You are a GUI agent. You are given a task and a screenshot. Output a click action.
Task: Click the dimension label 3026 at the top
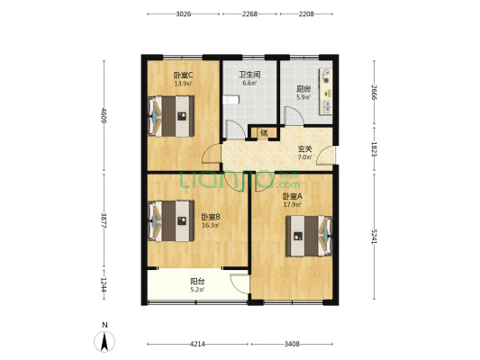[x=184, y=14]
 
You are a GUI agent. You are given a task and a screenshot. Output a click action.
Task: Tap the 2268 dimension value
[x=249, y=14]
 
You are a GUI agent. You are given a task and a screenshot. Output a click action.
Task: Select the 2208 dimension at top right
[x=306, y=14]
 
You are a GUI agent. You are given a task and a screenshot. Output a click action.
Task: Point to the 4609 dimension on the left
[x=104, y=115]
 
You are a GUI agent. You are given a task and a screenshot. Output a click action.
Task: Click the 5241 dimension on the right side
[x=374, y=237]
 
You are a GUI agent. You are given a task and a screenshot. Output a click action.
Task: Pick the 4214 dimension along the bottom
[x=197, y=344]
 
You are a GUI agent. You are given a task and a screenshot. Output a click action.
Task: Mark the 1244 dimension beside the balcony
[x=104, y=285]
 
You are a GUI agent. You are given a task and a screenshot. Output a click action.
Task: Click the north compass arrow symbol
[x=104, y=342]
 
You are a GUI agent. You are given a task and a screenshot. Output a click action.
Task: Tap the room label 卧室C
[x=183, y=75]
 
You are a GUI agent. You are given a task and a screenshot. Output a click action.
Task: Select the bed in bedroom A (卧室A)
[x=309, y=236]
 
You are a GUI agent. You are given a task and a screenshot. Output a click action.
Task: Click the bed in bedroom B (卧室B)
[x=171, y=220]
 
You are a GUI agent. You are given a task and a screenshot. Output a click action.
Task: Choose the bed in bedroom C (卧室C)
[x=171, y=116]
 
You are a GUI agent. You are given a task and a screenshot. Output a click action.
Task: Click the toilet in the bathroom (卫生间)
[x=231, y=100]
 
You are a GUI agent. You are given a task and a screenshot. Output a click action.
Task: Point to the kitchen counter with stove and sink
[x=326, y=92]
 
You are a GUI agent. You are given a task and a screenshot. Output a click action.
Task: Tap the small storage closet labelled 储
[x=264, y=133]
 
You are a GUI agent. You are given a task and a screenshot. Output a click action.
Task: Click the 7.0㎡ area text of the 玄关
[x=305, y=157]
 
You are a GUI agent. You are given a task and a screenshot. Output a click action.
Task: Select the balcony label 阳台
[x=197, y=281]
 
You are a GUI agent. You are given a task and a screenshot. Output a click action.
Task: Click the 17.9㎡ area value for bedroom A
[x=293, y=204]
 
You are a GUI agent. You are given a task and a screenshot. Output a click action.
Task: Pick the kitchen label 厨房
[x=303, y=89]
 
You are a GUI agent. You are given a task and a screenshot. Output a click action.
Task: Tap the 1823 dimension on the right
[x=374, y=149]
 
